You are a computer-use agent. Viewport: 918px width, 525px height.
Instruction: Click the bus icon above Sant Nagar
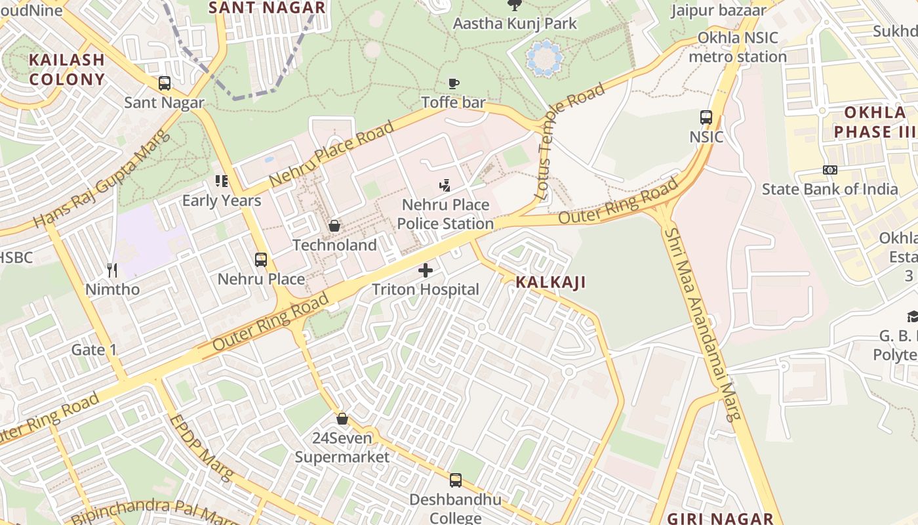(165, 83)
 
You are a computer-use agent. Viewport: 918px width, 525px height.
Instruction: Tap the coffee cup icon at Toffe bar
(453, 83)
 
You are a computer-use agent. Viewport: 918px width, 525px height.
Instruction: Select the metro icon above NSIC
(706, 117)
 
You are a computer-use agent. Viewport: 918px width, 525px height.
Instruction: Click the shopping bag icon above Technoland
(334, 226)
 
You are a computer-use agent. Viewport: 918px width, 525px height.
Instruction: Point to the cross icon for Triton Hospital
(426, 270)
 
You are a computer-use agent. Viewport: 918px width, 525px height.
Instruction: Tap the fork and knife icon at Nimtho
(112, 270)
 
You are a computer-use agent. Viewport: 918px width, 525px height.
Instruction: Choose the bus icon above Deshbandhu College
(455, 480)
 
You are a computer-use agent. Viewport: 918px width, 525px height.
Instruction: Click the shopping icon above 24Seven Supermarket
(342, 419)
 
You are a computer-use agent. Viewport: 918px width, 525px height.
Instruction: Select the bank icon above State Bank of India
(829, 170)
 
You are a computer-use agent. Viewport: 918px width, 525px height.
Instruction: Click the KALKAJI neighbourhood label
(550, 282)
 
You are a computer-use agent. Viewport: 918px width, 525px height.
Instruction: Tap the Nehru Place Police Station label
(445, 214)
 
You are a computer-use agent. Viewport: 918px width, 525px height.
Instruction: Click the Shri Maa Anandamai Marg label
(702, 324)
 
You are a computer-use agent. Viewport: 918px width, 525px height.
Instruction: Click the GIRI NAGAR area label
(721, 518)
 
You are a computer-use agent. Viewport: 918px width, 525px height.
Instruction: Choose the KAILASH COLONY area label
(66, 70)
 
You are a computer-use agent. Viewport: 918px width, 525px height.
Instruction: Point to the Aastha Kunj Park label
(515, 24)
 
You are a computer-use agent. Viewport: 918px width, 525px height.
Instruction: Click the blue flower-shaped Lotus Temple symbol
(545, 58)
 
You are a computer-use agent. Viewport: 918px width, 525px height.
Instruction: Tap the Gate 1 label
(94, 350)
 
